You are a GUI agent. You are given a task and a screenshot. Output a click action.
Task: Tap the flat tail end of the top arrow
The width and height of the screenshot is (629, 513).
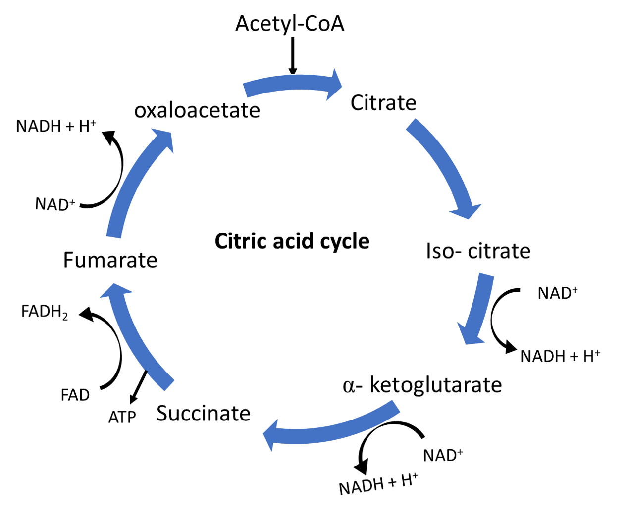tap(245, 90)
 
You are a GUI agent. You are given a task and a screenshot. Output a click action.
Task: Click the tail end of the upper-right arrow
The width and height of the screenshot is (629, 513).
tap(411, 124)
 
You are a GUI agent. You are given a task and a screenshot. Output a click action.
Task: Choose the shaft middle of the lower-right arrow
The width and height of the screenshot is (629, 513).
tap(481, 302)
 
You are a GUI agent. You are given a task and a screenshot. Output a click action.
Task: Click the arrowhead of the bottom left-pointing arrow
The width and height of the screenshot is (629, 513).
tap(271, 434)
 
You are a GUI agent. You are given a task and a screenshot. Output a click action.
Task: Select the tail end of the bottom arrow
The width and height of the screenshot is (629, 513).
tap(396, 406)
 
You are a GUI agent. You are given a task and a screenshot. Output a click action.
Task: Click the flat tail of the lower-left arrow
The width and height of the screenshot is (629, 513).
tap(169, 385)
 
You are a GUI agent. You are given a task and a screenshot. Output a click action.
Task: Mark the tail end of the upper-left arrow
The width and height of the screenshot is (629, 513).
tap(114, 236)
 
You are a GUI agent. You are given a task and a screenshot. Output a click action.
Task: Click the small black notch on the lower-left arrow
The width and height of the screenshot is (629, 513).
tap(146, 371)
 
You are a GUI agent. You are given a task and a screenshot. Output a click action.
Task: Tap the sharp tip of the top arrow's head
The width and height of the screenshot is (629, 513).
tap(343, 86)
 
